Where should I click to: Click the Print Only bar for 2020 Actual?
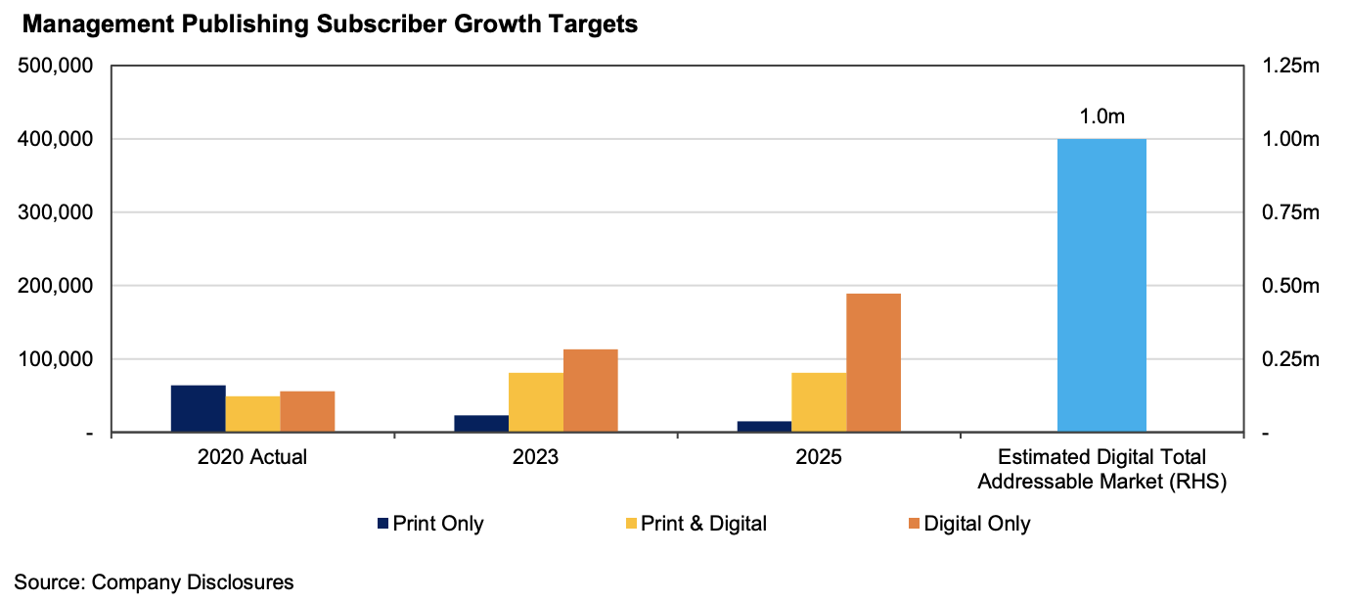point(198,408)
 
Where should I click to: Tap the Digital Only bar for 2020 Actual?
point(307,411)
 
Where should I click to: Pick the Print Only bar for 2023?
point(481,423)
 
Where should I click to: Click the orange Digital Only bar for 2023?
point(591,391)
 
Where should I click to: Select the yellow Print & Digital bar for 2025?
point(819,402)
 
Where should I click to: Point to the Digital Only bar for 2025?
point(874,362)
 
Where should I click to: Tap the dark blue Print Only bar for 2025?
point(764,426)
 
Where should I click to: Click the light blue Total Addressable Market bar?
point(1101,285)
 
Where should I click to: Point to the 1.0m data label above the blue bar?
point(1101,116)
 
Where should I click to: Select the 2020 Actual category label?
point(252,457)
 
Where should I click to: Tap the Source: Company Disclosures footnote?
point(154,582)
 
